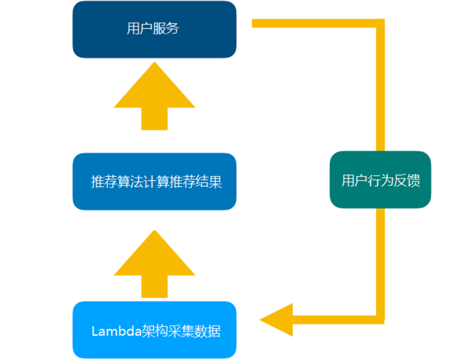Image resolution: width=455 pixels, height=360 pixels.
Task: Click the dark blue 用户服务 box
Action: click(154, 30)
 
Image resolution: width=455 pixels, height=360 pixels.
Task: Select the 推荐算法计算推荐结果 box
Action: click(154, 182)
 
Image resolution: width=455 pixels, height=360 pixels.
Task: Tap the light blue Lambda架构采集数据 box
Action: click(154, 330)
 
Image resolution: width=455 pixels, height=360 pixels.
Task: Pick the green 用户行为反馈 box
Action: click(380, 180)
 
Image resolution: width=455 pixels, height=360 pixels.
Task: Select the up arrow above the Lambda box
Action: click(154, 263)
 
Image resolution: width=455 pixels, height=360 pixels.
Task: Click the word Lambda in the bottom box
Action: click(116, 331)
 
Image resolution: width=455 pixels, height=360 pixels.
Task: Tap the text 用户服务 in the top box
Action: click(153, 29)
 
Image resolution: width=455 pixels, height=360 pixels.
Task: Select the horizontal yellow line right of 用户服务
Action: click(314, 23)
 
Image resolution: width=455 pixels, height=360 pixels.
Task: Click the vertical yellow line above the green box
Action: click(380, 88)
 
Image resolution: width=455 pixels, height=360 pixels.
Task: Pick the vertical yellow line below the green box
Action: click(380, 259)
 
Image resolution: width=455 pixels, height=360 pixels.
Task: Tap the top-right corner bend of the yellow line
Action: click(380, 23)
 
